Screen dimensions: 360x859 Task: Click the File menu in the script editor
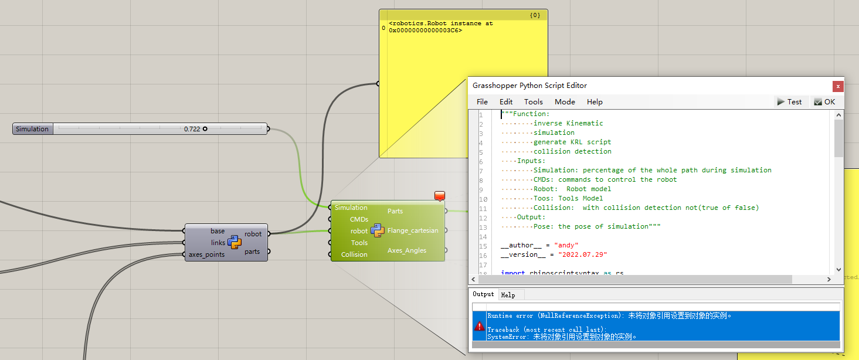click(482, 102)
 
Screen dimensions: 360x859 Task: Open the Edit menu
click(506, 102)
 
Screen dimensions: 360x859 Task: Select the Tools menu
click(534, 102)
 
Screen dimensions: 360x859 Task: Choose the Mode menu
click(565, 102)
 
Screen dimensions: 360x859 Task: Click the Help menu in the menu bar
click(595, 102)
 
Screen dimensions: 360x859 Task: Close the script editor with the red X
click(838, 86)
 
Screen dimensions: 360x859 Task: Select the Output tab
click(484, 294)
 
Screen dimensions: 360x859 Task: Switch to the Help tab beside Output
click(508, 295)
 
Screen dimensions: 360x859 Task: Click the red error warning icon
click(480, 327)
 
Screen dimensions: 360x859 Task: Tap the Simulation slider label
click(32, 129)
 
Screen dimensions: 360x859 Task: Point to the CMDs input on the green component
click(359, 219)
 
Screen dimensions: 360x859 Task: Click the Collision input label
click(354, 254)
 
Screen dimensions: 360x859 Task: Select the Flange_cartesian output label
click(413, 230)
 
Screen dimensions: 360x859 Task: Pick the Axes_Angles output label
click(407, 250)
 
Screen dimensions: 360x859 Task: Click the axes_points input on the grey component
click(206, 254)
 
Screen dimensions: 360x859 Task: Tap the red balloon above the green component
click(440, 196)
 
